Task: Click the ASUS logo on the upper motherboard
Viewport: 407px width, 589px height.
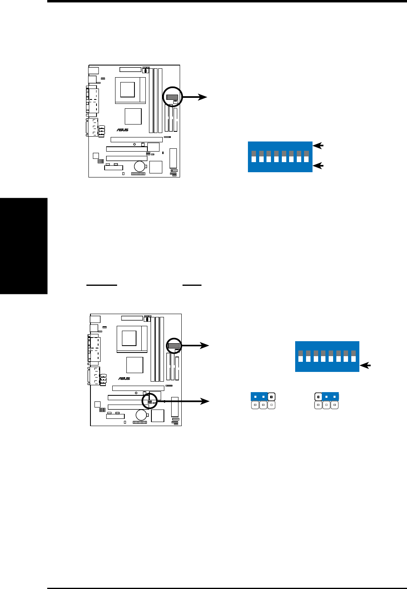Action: tap(123, 130)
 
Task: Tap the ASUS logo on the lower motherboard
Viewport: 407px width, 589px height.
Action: tap(124, 378)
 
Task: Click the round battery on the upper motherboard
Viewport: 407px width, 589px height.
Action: tap(139, 165)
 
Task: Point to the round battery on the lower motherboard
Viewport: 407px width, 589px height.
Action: tap(141, 414)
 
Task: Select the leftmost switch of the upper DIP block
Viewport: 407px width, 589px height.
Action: tap(254, 156)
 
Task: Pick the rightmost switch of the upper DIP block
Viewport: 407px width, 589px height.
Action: tap(306, 156)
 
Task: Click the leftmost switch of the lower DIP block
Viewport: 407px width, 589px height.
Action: tap(300, 356)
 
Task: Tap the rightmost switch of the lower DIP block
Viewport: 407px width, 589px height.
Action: tap(353, 356)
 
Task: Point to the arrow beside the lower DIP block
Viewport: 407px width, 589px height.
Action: tap(365, 365)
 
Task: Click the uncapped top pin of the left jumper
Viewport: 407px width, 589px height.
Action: tap(272, 396)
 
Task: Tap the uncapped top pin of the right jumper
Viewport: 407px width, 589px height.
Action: tap(318, 396)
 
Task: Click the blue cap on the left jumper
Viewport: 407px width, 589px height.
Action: tap(259, 396)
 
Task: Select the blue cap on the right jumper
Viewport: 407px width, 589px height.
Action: tap(330, 396)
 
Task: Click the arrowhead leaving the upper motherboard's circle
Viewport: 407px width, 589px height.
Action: tap(204, 97)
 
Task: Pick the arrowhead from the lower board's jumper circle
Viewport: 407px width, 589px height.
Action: tap(206, 401)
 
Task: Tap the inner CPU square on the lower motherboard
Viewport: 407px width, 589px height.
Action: tap(129, 338)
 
